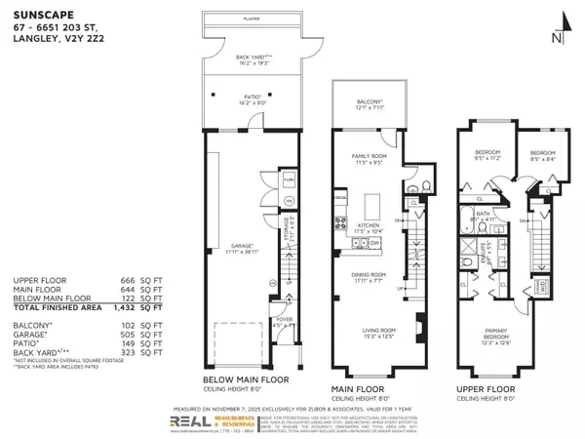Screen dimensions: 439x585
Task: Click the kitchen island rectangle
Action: (x=372, y=207)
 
